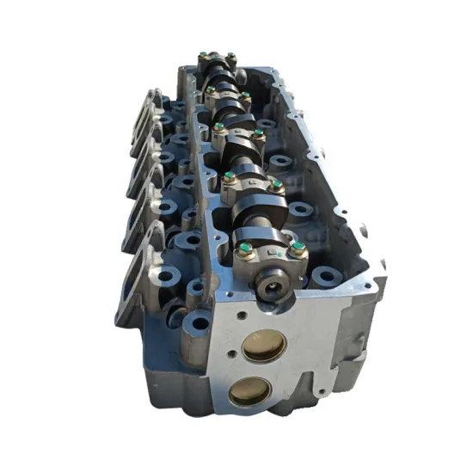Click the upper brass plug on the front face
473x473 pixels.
point(264,347)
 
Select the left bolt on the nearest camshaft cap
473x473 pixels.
point(245,251)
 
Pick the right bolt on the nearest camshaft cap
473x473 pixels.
point(298,250)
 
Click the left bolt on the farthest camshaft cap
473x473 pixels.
point(203,58)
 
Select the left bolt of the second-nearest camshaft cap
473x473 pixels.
point(229,180)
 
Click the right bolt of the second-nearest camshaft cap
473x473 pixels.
point(276,185)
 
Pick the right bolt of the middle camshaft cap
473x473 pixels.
point(258,134)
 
